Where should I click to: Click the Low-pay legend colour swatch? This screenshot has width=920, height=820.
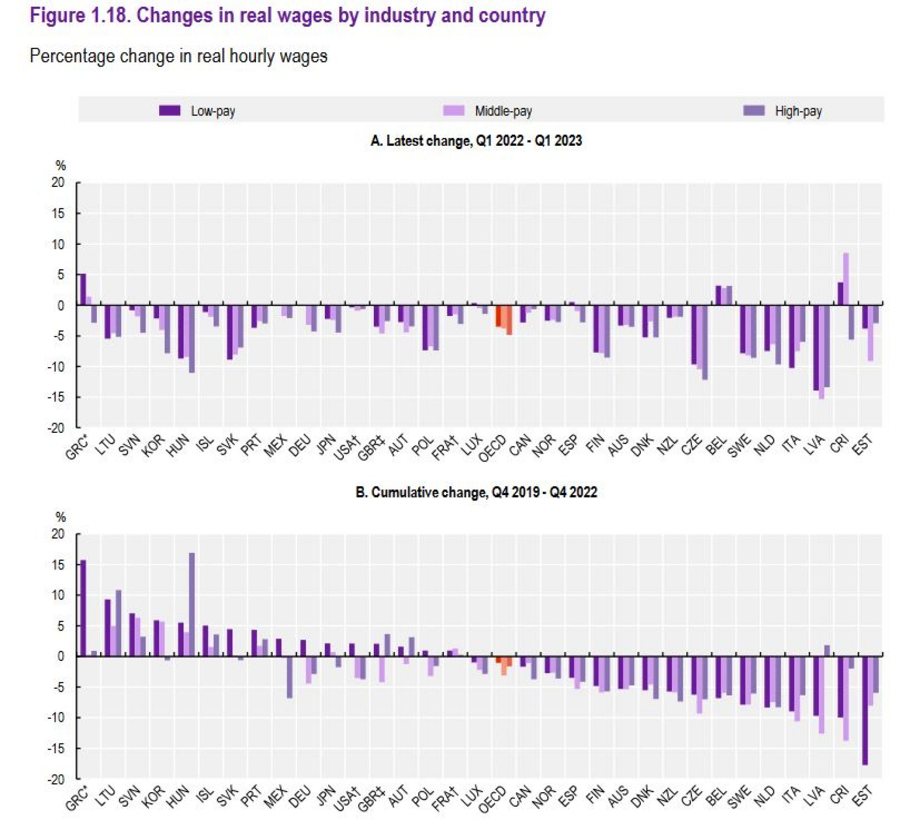pyautogui.click(x=170, y=111)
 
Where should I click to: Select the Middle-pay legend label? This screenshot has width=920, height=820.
pyautogui.click(x=503, y=111)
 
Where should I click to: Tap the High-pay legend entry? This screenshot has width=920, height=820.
pyautogui.click(x=798, y=111)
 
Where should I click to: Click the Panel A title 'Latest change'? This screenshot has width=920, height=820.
pyautogui.click(x=476, y=140)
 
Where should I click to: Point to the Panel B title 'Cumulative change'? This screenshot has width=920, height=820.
pyautogui.click(x=476, y=492)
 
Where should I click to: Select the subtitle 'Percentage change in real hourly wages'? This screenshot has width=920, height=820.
pyautogui.click(x=178, y=56)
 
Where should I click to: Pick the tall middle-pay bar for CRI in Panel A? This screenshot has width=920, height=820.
pyautogui.click(x=846, y=279)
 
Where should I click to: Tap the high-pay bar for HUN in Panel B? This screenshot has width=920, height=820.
pyautogui.click(x=192, y=604)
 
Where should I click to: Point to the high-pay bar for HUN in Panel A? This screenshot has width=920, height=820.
pyautogui.click(x=192, y=338)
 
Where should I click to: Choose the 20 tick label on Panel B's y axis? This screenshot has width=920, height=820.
pyautogui.click(x=57, y=533)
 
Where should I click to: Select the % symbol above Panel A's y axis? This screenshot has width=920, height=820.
pyautogui.click(x=60, y=166)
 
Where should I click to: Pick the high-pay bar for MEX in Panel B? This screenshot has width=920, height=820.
pyautogui.click(x=290, y=676)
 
